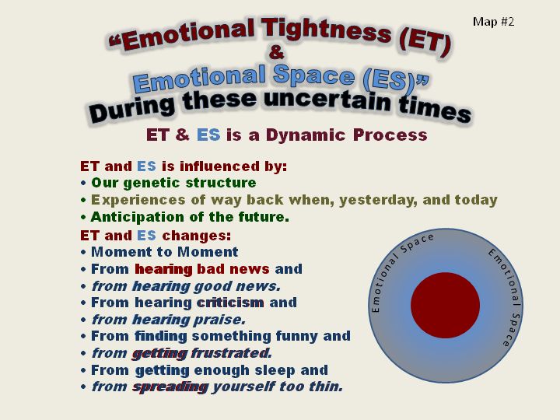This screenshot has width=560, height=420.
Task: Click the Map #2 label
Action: [x=494, y=22]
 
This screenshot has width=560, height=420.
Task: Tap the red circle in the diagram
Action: [x=445, y=306]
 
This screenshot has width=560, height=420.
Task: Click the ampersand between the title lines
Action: [x=276, y=52]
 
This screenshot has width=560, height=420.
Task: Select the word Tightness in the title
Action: [x=326, y=30]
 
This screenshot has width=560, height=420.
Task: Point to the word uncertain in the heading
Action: [x=328, y=100]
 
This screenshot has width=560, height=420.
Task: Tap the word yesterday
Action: [x=378, y=200]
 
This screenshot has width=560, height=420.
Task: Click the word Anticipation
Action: [x=137, y=217]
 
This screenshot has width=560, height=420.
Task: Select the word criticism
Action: [x=230, y=303]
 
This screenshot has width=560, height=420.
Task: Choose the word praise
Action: [x=219, y=320]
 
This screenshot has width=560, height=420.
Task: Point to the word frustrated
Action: [x=232, y=353]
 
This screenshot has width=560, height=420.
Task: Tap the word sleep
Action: [x=275, y=370]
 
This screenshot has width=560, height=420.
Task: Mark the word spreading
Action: [x=170, y=387]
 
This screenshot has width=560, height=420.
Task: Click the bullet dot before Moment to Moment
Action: [x=83, y=252]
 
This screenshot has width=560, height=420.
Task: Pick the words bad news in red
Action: [x=233, y=269]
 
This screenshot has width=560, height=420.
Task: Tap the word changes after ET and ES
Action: [x=197, y=236]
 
